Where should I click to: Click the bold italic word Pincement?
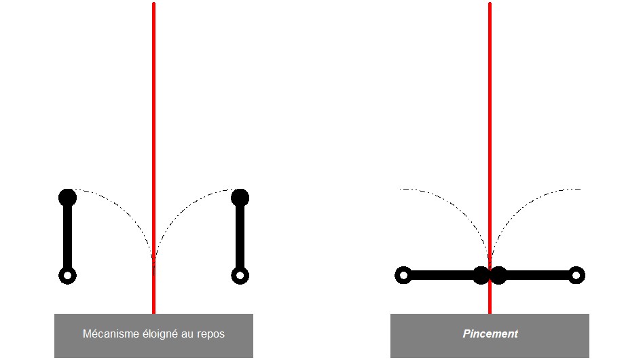tap(490, 334)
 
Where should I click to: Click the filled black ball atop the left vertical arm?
tap(67, 198)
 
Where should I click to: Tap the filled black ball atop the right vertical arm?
tap(240, 198)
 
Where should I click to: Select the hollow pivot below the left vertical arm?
tap(67, 276)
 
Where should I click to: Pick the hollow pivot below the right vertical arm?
tap(240, 276)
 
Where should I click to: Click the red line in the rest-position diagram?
tap(154, 102)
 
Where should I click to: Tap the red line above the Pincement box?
tap(490, 102)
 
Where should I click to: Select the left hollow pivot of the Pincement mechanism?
tap(403, 275)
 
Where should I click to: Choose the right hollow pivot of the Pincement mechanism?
tap(576, 275)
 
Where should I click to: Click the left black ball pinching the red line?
tap(481, 275)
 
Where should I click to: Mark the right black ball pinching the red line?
tap(498, 275)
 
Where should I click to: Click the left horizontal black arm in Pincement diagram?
tap(441, 275)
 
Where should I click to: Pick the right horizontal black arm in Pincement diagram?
tap(536, 275)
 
